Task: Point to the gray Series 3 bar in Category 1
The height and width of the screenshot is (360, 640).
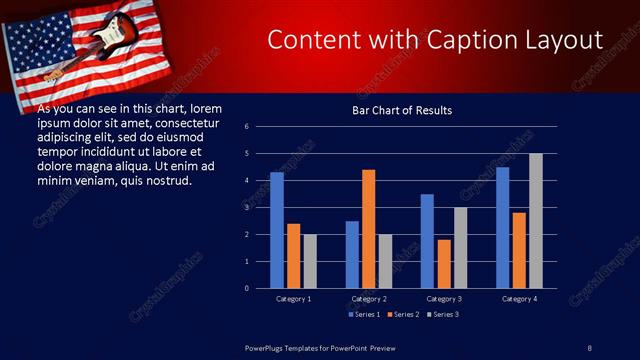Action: tap(310, 261)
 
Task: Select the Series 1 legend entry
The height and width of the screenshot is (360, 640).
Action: tap(364, 314)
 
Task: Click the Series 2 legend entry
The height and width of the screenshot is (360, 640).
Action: tap(402, 314)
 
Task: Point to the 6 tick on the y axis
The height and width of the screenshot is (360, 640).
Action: tap(247, 127)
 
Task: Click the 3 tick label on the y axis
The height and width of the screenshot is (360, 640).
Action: tap(247, 208)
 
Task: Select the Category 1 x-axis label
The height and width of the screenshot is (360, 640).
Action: tap(294, 298)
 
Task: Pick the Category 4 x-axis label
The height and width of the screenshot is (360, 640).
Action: tap(519, 298)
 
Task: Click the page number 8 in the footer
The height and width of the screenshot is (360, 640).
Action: tap(589, 347)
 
